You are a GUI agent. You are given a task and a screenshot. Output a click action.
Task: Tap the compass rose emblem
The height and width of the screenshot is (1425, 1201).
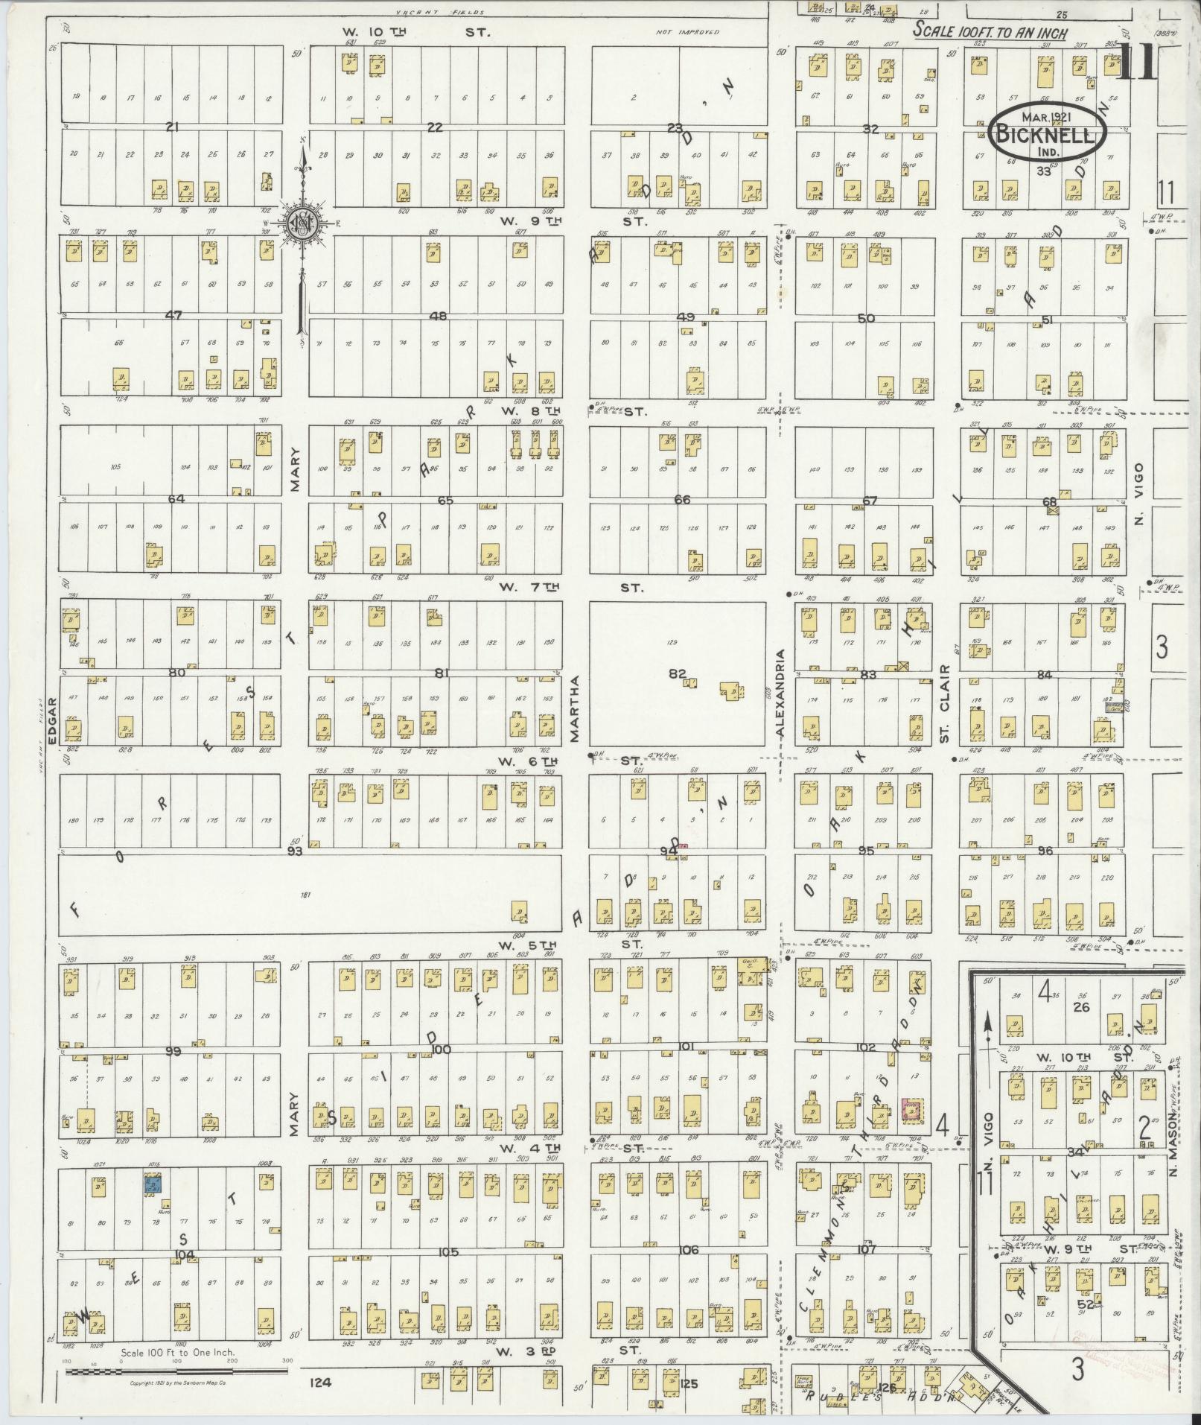(x=303, y=222)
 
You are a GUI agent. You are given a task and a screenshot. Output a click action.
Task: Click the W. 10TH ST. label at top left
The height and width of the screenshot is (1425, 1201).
(x=414, y=32)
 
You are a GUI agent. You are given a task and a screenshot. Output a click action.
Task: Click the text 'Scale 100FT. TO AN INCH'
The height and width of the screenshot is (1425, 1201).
(x=991, y=33)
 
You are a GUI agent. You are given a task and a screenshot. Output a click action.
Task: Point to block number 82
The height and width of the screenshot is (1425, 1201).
(x=676, y=673)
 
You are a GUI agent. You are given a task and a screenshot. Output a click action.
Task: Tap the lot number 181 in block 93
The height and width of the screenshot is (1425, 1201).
(x=303, y=894)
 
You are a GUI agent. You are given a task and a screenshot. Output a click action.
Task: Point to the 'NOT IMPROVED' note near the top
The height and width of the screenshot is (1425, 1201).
(x=688, y=33)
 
